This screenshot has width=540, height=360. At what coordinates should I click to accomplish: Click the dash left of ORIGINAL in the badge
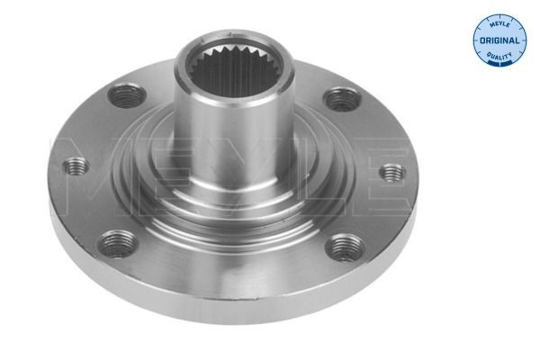[478, 42]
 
